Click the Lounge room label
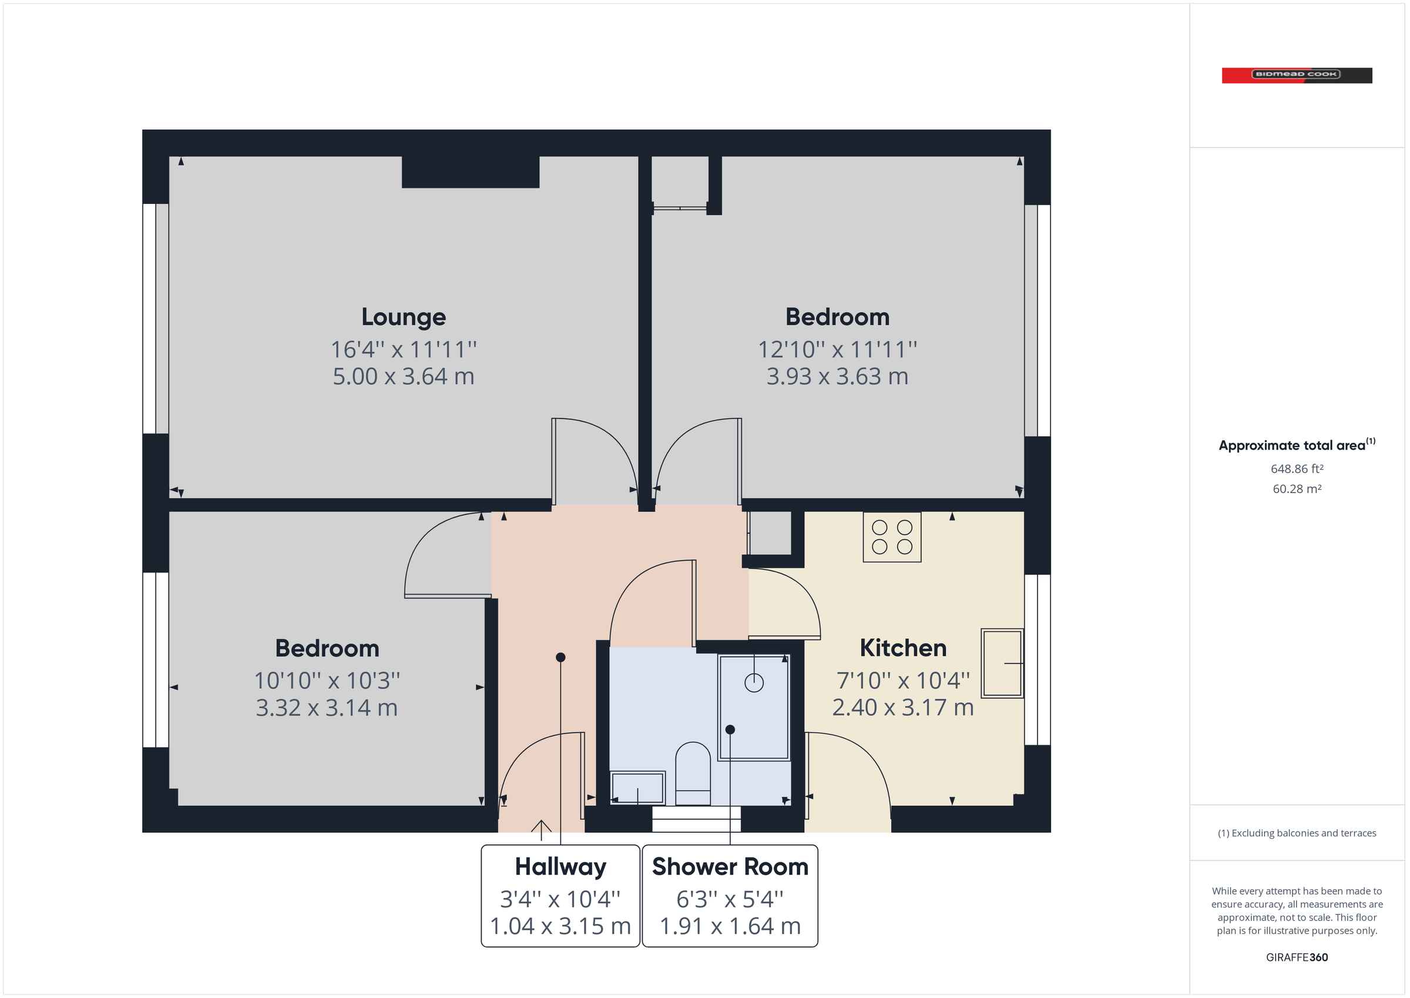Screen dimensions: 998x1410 [404, 317]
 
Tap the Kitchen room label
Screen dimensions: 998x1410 [903, 648]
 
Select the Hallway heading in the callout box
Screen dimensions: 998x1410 [560, 866]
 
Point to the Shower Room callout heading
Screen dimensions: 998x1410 [730, 866]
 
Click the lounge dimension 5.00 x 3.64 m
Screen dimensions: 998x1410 [404, 376]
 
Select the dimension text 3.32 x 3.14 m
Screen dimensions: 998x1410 [327, 708]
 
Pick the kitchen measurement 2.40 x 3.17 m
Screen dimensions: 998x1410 [903, 707]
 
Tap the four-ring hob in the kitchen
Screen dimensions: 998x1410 [892, 537]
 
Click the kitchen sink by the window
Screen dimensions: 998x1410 [1002, 663]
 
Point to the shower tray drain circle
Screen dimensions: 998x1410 [754, 683]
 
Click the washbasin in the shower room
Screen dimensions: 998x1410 [638, 787]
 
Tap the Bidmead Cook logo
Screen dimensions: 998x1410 [1297, 75]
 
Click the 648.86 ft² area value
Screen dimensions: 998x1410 [1297, 469]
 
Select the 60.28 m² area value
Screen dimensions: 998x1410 [1297, 489]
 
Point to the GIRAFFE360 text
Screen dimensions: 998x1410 [1297, 957]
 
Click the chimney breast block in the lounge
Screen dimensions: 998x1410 [471, 172]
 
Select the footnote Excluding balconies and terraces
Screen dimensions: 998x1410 [1297, 833]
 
